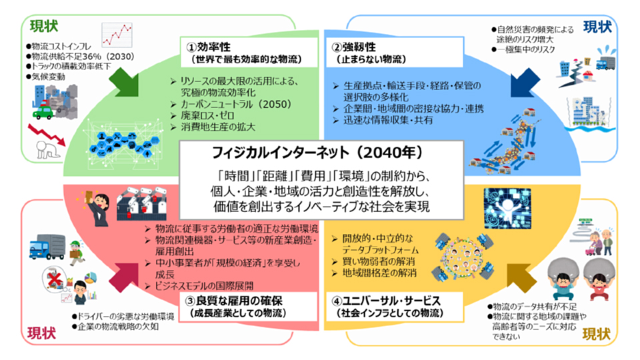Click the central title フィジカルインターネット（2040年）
319,153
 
